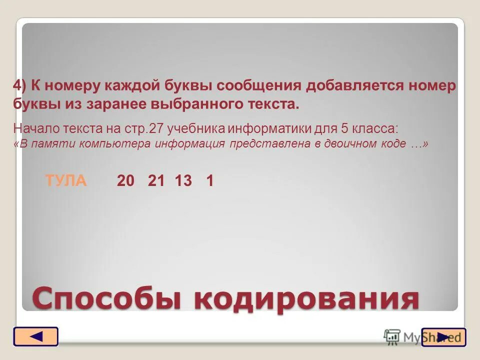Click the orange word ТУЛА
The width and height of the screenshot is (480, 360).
[x=65, y=180]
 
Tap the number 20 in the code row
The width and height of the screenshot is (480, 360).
[x=126, y=181]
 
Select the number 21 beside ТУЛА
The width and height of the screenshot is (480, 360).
[x=156, y=181]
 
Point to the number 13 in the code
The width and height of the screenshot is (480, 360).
[x=183, y=181]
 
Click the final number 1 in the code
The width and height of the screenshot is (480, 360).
[x=210, y=181]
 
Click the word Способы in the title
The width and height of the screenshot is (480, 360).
[x=108, y=299]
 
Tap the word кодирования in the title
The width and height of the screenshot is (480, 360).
[x=306, y=299]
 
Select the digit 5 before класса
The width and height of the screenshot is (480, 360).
[x=344, y=128]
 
